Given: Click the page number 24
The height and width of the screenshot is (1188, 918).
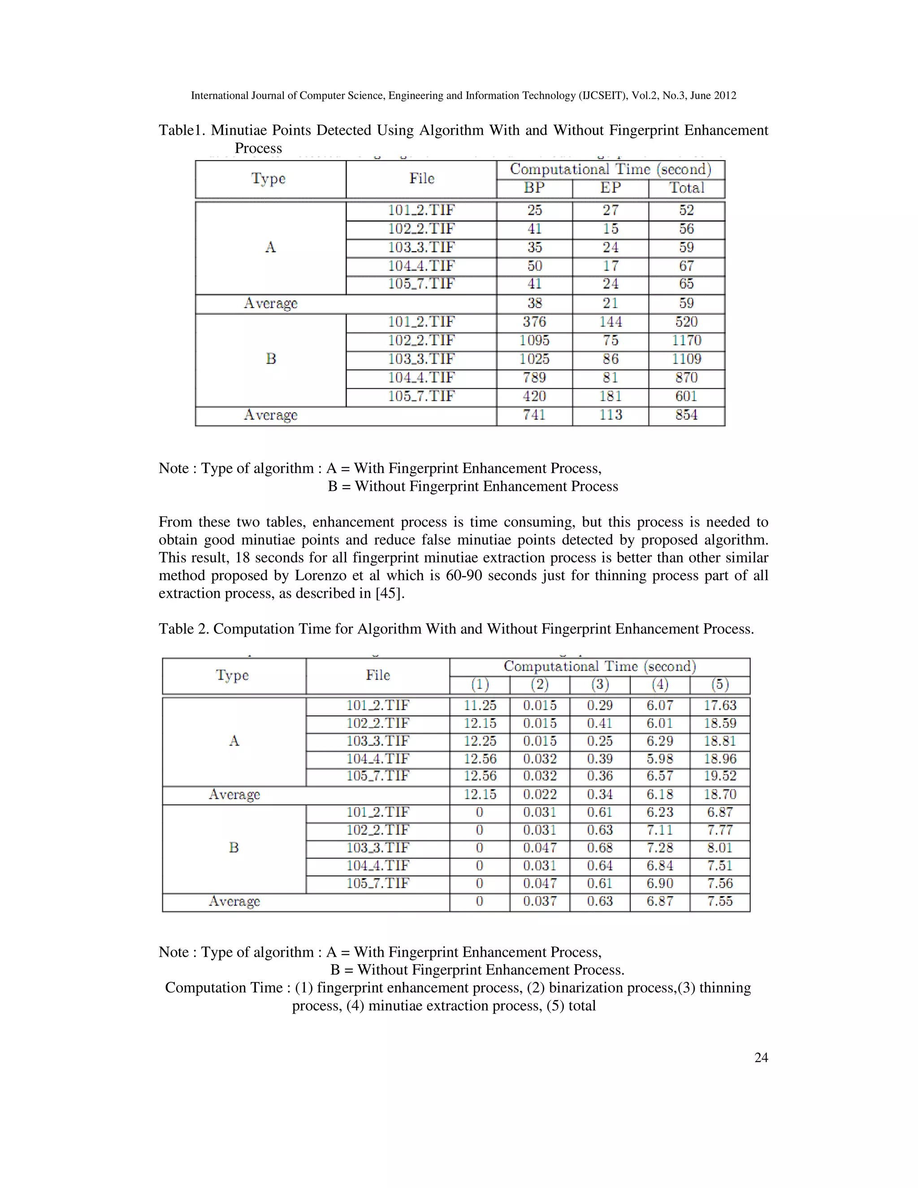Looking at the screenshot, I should [x=761, y=1057].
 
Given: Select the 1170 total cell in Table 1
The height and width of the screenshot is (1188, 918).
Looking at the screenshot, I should [x=686, y=341].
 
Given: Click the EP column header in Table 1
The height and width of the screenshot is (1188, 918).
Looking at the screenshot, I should [x=610, y=188].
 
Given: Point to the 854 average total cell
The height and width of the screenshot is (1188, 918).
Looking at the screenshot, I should [x=686, y=415].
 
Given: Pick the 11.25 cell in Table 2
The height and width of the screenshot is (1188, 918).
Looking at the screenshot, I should [x=480, y=706].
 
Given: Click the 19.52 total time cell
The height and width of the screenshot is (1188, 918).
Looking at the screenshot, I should [x=719, y=776].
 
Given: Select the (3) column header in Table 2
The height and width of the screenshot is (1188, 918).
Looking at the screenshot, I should [x=599, y=684].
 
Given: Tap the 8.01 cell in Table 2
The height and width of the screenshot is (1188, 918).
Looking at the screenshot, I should [x=719, y=848].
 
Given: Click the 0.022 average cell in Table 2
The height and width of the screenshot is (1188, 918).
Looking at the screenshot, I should [x=540, y=795].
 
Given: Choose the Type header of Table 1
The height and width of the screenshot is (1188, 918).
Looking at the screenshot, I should [x=268, y=178].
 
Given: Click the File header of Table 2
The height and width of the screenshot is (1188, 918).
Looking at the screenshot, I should [x=377, y=675].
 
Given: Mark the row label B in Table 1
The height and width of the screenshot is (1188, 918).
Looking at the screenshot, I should [x=270, y=359].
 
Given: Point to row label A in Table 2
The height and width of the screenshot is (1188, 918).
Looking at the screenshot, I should [x=234, y=741].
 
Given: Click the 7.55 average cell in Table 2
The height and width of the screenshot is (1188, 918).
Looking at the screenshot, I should [x=719, y=902].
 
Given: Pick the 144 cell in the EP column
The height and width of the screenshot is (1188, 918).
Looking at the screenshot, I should [x=610, y=322].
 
